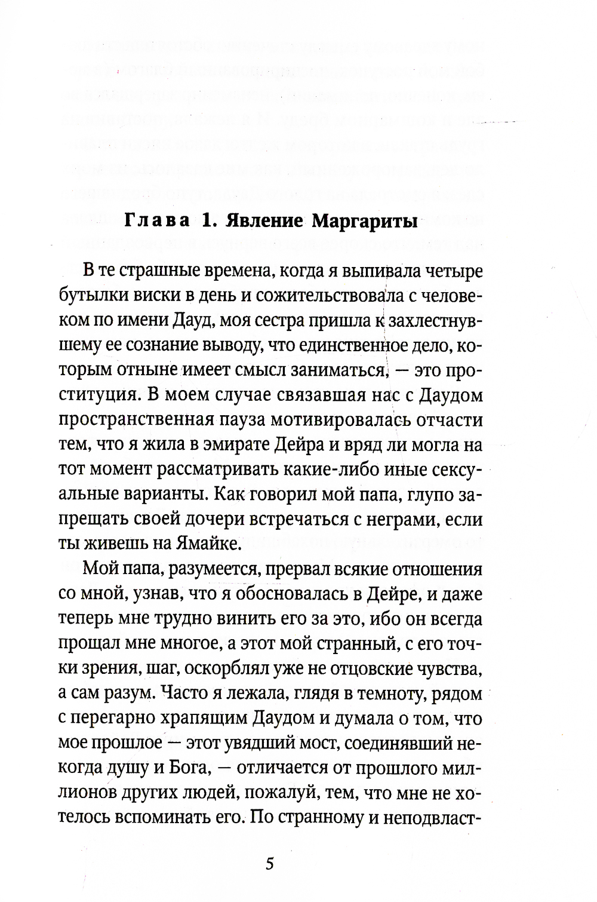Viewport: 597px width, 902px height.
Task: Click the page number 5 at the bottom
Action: click(269, 864)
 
